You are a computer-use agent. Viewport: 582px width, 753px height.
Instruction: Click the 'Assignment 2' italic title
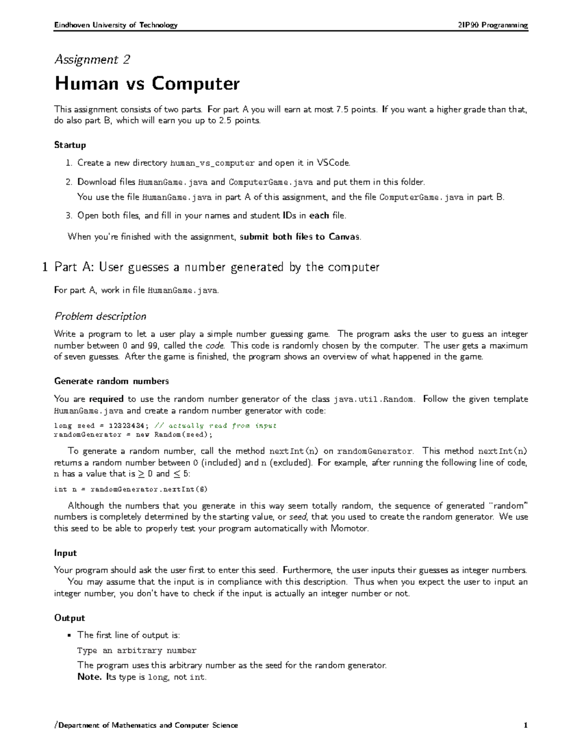point(92,60)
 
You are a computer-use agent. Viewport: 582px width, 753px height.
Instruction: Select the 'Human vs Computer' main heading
point(147,84)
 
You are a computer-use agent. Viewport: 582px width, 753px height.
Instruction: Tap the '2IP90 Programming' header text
point(493,25)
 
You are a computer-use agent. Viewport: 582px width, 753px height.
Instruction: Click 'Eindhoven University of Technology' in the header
point(116,25)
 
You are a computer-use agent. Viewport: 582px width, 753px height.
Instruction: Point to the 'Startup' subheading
point(70,145)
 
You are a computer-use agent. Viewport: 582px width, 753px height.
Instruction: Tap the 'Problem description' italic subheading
point(100,317)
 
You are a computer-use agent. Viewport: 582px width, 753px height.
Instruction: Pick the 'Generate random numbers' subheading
point(111,381)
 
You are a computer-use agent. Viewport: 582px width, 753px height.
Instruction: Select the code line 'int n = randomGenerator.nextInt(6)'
point(130,489)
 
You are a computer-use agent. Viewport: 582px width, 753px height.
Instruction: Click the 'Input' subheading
point(65,553)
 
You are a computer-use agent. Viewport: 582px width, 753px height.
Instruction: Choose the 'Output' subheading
point(69,618)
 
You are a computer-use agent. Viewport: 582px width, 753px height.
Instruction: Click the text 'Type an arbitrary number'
point(137,651)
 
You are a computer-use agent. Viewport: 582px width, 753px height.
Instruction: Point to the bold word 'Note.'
point(89,677)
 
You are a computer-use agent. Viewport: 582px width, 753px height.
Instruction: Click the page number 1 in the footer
point(525,725)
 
